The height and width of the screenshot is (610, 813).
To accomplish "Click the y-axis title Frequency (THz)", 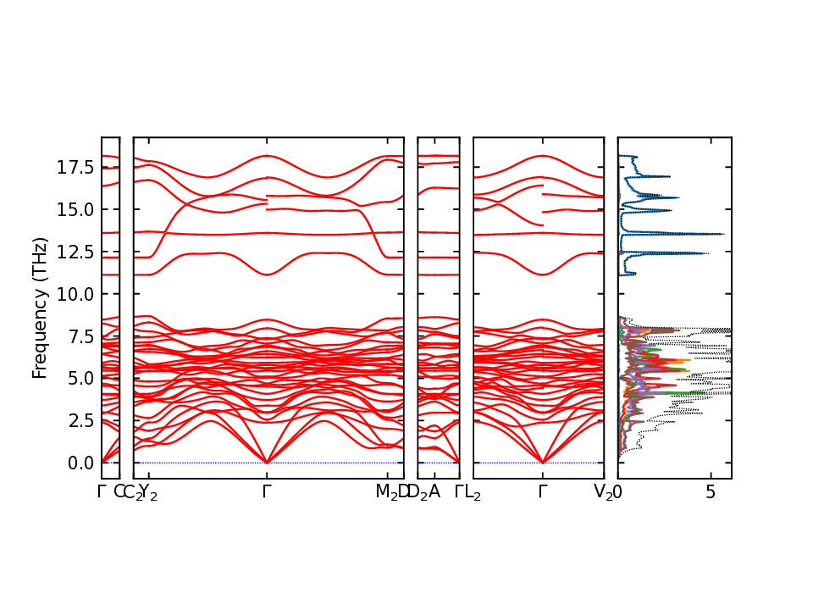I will pyautogui.click(x=39, y=308).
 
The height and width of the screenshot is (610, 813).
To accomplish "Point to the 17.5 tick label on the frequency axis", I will pyautogui.click(x=76, y=167).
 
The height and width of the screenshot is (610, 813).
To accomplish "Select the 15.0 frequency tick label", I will pyautogui.click(x=76, y=209).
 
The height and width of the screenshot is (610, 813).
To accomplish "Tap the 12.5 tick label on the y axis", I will pyautogui.click(x=76, y=252).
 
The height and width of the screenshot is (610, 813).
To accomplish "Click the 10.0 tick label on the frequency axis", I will pyautogui.click(x=76, y=294).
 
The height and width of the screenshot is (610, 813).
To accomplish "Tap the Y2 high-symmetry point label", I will pyautogui.click(x=149, y=492).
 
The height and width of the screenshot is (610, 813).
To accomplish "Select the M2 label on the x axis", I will pyautogui.click(x=386, y=492).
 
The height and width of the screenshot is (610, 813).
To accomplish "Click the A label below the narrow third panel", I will pyautogui.click(x=434, y=491).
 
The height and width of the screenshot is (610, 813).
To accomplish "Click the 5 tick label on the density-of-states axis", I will pyautogui.click(x=711, y=492).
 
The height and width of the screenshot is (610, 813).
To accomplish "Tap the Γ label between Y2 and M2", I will pyautogui.click(x=268, y=491).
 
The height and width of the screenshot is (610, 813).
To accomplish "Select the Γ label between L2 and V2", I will pyautogui.click(x=543, y=491).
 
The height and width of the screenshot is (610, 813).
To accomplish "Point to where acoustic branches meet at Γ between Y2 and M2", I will pyautogui.click(x=268, y=463).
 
